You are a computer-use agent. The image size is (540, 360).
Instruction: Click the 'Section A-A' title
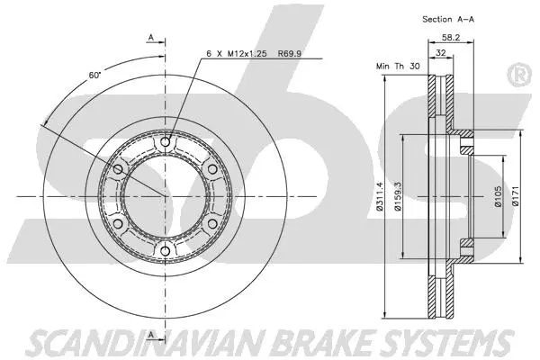(446, 19)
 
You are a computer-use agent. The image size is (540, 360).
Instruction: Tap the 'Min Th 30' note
(396, 66)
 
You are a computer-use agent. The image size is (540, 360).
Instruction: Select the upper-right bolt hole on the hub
(211, 168)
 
